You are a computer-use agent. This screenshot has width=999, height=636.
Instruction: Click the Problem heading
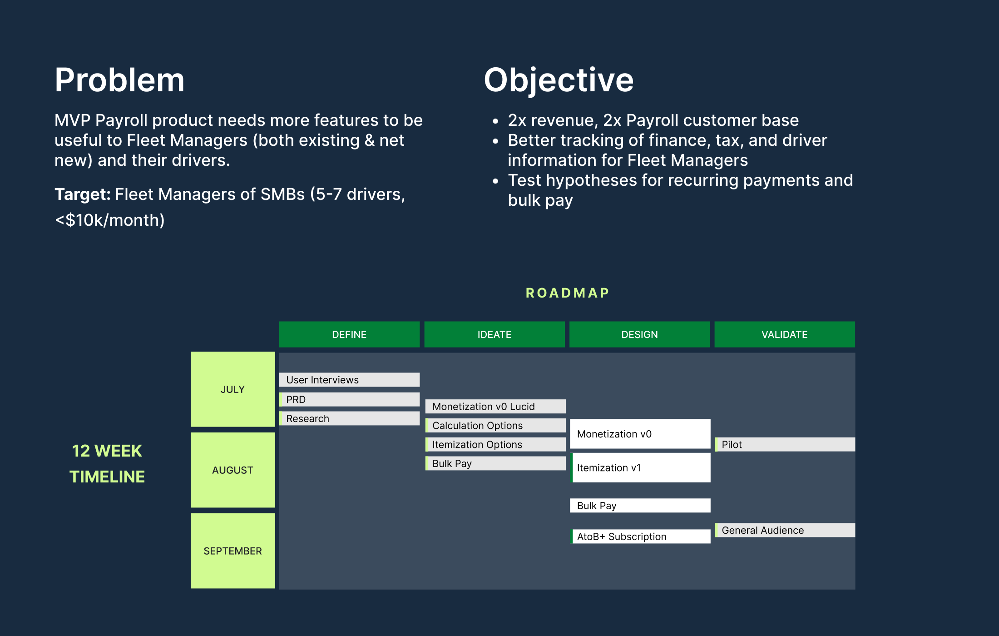point(119,80)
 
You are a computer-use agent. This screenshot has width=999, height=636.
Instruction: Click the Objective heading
point(558,80)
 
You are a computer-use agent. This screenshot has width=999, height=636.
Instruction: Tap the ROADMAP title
point(567,293)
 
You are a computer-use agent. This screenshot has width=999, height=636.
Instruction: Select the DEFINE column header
point(349,334)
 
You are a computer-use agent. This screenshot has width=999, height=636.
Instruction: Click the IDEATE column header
point(494,334)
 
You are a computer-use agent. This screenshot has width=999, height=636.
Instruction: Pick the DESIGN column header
point(639,334)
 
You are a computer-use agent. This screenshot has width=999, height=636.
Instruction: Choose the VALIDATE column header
point(784,334)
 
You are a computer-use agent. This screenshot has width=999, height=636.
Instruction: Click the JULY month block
point(232,389)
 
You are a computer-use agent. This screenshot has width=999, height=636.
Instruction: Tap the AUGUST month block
point(232,470)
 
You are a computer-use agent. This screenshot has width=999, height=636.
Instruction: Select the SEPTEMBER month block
point(232,551)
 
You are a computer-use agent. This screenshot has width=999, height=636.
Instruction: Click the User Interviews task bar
point(349,380)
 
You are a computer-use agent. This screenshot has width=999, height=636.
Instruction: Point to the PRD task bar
point(349,399)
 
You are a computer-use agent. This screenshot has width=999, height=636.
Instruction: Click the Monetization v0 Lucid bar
point(495,407)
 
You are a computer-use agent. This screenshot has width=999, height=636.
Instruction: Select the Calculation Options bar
point(495,426)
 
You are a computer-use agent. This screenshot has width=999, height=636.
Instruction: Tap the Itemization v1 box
point(640,467)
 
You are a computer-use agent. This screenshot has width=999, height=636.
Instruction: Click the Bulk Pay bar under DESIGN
point(640,506)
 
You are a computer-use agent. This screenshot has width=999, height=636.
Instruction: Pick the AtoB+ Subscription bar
point(640,537)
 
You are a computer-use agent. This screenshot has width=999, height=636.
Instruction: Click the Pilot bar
point(785,444)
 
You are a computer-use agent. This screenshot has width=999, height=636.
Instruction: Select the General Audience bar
point(785,530)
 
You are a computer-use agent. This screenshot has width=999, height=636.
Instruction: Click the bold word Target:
point(83,194)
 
